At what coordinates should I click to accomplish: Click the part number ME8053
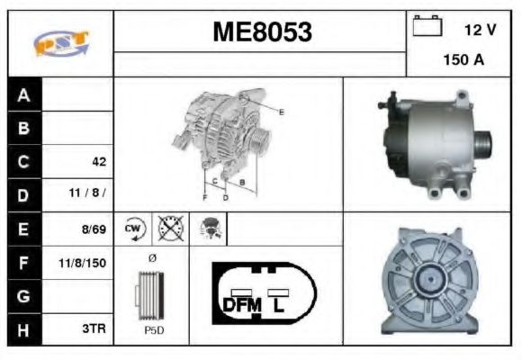262,33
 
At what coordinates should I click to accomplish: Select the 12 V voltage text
480,29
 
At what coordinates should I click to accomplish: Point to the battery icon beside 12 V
426,27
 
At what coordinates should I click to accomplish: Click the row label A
23,94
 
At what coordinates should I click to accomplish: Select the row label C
23,162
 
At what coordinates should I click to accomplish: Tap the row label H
23,329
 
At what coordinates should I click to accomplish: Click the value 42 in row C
98,162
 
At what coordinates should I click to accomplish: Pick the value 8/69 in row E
94,229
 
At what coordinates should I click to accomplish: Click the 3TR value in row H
95,329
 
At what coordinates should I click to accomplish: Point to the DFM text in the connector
241,306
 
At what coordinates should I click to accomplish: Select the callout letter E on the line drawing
281,112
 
